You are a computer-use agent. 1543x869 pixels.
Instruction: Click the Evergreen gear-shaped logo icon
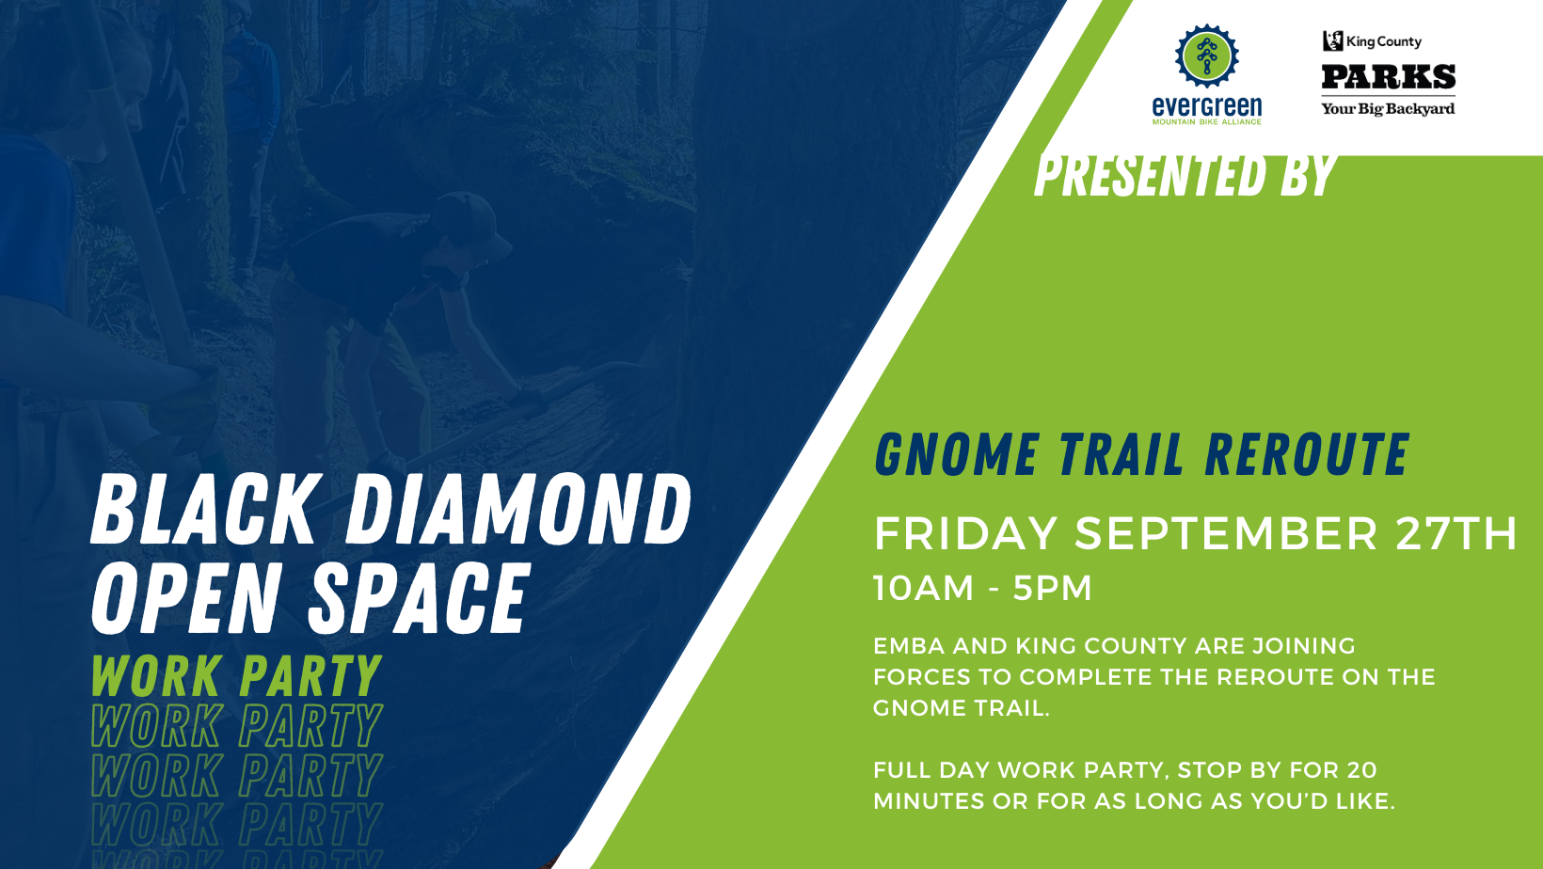[x=1206, y=56]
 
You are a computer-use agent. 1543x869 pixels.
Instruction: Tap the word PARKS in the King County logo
[x=1388, y=77]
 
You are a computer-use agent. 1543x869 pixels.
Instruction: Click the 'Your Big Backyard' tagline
[x=1388, y=109]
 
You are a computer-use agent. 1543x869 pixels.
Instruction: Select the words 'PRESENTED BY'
[x=1185, y=175]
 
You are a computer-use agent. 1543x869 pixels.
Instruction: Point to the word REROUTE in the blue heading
[x=1307, y=455]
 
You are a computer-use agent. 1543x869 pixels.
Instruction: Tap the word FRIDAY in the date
[x=965, y=533]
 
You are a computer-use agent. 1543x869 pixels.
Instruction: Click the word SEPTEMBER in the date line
[x=1226, y=533]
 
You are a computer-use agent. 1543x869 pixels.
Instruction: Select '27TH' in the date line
[x=1456, y=533]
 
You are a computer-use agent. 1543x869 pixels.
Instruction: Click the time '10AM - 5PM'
[x=983, y=588]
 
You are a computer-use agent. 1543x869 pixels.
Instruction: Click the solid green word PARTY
[x=310, y=675]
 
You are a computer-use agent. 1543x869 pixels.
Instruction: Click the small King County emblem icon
[x=1333, y=40]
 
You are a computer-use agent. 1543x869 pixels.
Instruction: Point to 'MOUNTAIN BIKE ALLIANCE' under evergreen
[x=1207, y=122]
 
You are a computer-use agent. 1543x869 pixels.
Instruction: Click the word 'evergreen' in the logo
[x=1207, y=106]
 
